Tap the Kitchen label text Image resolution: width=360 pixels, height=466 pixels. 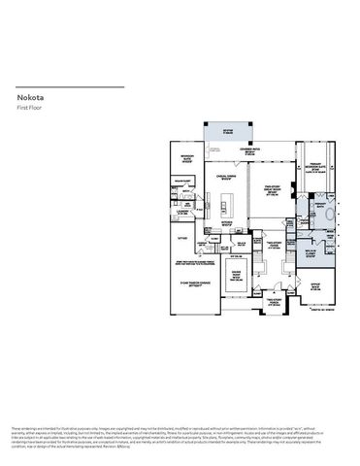point(228,221)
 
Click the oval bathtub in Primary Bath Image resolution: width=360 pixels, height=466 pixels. point(333,216)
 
